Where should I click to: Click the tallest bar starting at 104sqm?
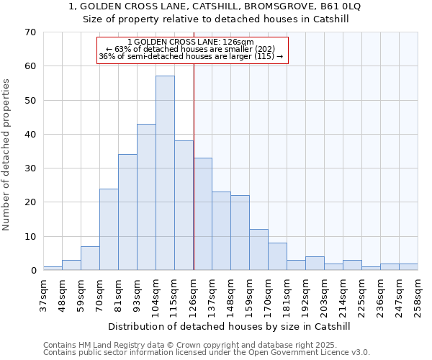tap(165, 173)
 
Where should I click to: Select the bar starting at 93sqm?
tap(146, 197)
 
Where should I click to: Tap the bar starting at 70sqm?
tap(109, 230)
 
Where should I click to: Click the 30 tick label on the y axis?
tap(30, 168)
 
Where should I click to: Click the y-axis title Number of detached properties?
tap(7, 156)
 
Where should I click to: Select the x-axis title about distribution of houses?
tap(230, 326)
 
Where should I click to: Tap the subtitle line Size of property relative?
tap(215, 19)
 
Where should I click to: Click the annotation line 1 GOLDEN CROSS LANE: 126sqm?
tap(192, 42)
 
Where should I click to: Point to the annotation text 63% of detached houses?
tap(192, 49)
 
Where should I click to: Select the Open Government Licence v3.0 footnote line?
tap(207, 352)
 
